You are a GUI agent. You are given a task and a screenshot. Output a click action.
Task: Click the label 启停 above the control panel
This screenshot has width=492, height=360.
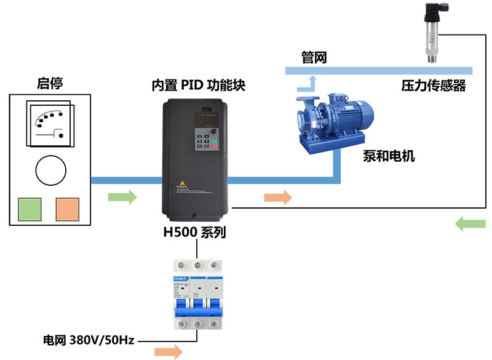pos(50,83)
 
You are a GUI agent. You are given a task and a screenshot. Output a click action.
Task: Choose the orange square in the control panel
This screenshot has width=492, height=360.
pos(68,209)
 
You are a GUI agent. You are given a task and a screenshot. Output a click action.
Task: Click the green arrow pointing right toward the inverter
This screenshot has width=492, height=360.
pos(122,198)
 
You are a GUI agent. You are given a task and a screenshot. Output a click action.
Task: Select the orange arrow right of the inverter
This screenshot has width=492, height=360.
pos(277,198)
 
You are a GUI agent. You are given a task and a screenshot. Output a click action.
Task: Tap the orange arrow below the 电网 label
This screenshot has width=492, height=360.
pos(168,351)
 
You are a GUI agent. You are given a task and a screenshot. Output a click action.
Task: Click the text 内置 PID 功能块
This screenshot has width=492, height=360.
pos(198,86)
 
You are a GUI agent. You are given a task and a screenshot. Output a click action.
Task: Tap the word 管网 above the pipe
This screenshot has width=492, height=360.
pos(314,58)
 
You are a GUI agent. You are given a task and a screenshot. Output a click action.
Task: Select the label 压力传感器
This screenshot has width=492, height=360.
pos(434,86)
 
